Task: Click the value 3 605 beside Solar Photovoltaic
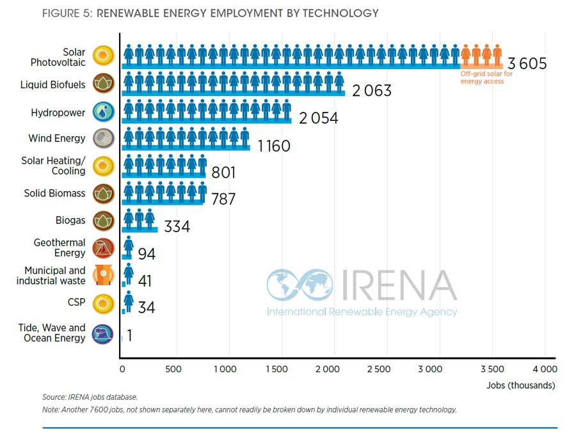click(x=527, y=64)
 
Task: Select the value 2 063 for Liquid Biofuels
click(x=371, y=91)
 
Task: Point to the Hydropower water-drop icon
click(x=103, y=113)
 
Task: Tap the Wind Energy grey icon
click(x=103, y=139)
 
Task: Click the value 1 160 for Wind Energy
click(x=274, y=146)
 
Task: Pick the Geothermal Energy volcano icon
click(x=103, y=248)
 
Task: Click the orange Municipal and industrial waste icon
click(x=102, y=276)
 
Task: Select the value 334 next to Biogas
click(x=177, y=226)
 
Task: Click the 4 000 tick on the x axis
click(x=545, y=369)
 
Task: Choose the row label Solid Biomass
click(x=54, y=193)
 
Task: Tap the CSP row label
click(x=76, y=303)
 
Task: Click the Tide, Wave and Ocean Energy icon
click(x=103, y=333)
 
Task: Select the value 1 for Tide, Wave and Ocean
click(x=129, y=335)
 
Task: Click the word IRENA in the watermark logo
click(x=399, y=286)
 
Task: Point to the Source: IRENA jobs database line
click(x=90, y=397)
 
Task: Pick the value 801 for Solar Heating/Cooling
click(x=223, y=173)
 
